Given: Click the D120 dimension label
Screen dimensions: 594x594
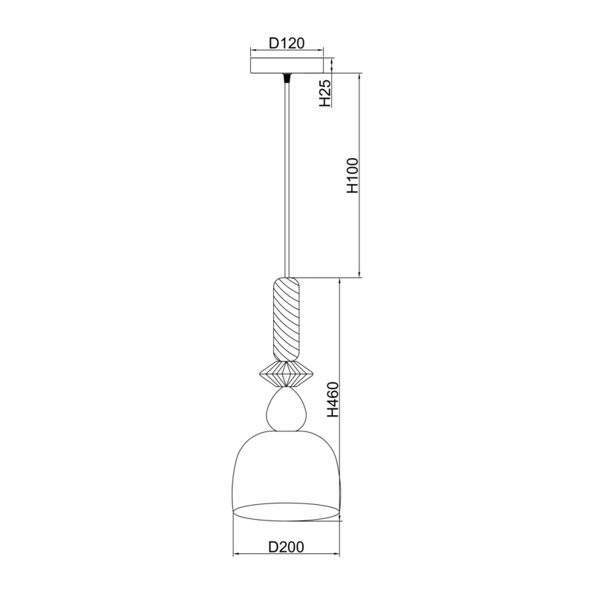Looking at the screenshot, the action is pos(287,44).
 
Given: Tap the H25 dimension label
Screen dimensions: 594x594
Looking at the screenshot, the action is pos(326,94).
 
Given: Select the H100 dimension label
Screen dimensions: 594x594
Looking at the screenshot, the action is pos(353,175).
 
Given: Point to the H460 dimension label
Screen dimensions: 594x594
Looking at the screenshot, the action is pos(333,399).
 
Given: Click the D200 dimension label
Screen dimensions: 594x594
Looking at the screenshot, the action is pos(287,547).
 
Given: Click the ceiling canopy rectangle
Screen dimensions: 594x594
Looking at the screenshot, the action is pos(287,65).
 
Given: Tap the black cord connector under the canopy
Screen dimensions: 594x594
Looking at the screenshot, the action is pos(287,78).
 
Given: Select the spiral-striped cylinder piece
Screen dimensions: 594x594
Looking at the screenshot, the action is pos(287,319).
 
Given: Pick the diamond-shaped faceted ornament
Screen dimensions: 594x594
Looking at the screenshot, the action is pos(287,374).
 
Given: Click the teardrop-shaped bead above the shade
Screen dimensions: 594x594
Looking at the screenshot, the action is pos(286,409).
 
